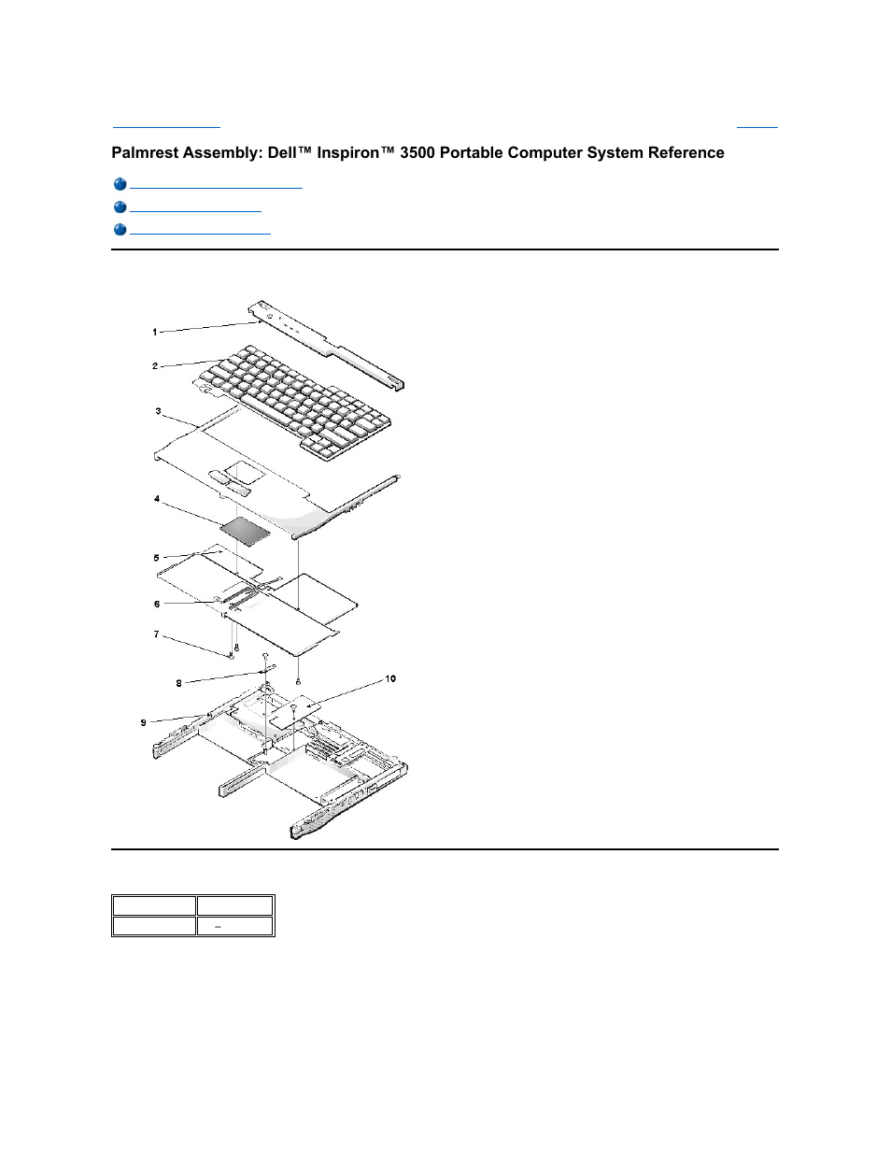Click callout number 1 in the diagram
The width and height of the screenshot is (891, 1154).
point(155,332)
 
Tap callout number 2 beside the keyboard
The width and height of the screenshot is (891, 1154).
point(155,366)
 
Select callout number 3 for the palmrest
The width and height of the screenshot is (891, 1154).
point(158,411)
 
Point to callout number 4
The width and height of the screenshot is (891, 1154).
point(157,499)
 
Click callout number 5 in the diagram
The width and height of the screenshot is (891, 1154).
point(156,558)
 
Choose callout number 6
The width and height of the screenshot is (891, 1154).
point(157,604)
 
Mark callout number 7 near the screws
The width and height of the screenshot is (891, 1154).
point(156,634)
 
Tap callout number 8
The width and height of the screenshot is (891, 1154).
point(179,683)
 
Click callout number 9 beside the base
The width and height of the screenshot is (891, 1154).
point(143,722)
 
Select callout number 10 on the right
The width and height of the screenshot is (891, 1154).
point(390,678)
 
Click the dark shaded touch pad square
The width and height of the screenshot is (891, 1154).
point(245,531)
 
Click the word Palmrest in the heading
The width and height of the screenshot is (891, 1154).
point(146,153)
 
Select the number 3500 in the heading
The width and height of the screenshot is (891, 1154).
point(417,153)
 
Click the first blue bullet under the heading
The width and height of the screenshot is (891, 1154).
point(120,185)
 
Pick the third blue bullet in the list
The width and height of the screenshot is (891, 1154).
point(120,230)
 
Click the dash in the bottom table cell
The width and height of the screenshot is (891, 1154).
point(218,927)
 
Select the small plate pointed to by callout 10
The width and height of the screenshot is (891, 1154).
point(295,709)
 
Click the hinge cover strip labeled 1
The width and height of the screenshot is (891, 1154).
point(327,346)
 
